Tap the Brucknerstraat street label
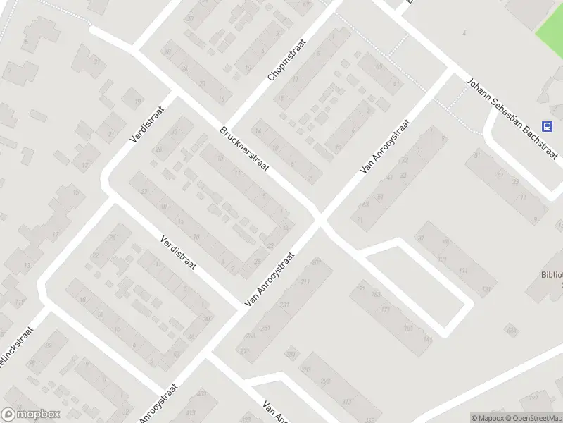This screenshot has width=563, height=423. pos(243,152)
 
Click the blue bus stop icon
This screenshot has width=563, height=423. pos(547,126)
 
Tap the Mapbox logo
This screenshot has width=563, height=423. pos(31,415)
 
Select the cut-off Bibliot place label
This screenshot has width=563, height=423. pos(552,276)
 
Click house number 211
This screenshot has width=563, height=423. pos(305,282)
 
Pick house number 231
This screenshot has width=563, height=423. pos(284,305)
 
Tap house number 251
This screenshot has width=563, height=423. pos(265,329)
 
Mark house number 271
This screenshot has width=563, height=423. pos(245,350)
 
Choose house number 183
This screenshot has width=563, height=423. pos(375,294)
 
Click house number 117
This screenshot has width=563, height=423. pos(462,271)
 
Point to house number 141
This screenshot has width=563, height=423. pos(428,339)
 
